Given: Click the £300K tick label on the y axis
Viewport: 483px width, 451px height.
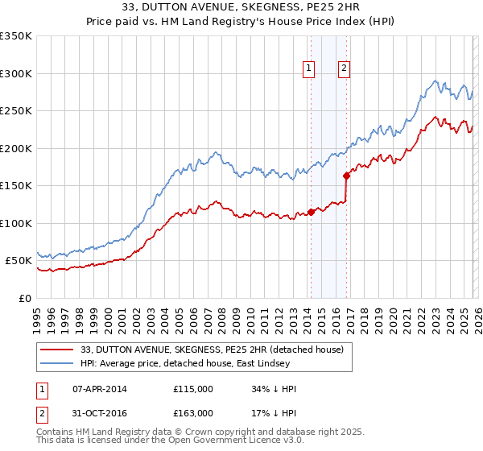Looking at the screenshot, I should pyautogui.click(x=16, y=73).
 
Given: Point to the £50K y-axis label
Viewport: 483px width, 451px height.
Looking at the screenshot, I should pyautogui.click(x=19, y=261).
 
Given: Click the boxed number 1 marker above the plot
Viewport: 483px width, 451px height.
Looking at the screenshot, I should pyautogui.click(x=309, y=68).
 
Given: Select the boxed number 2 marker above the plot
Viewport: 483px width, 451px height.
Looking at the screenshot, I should pyautogui.click(x=344, y=68).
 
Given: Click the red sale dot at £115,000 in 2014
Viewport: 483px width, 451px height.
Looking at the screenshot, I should pyautogui.click(x=311, y=212).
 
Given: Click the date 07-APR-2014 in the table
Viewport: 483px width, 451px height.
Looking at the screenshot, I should pyautogui.click(x=99, y=389).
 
